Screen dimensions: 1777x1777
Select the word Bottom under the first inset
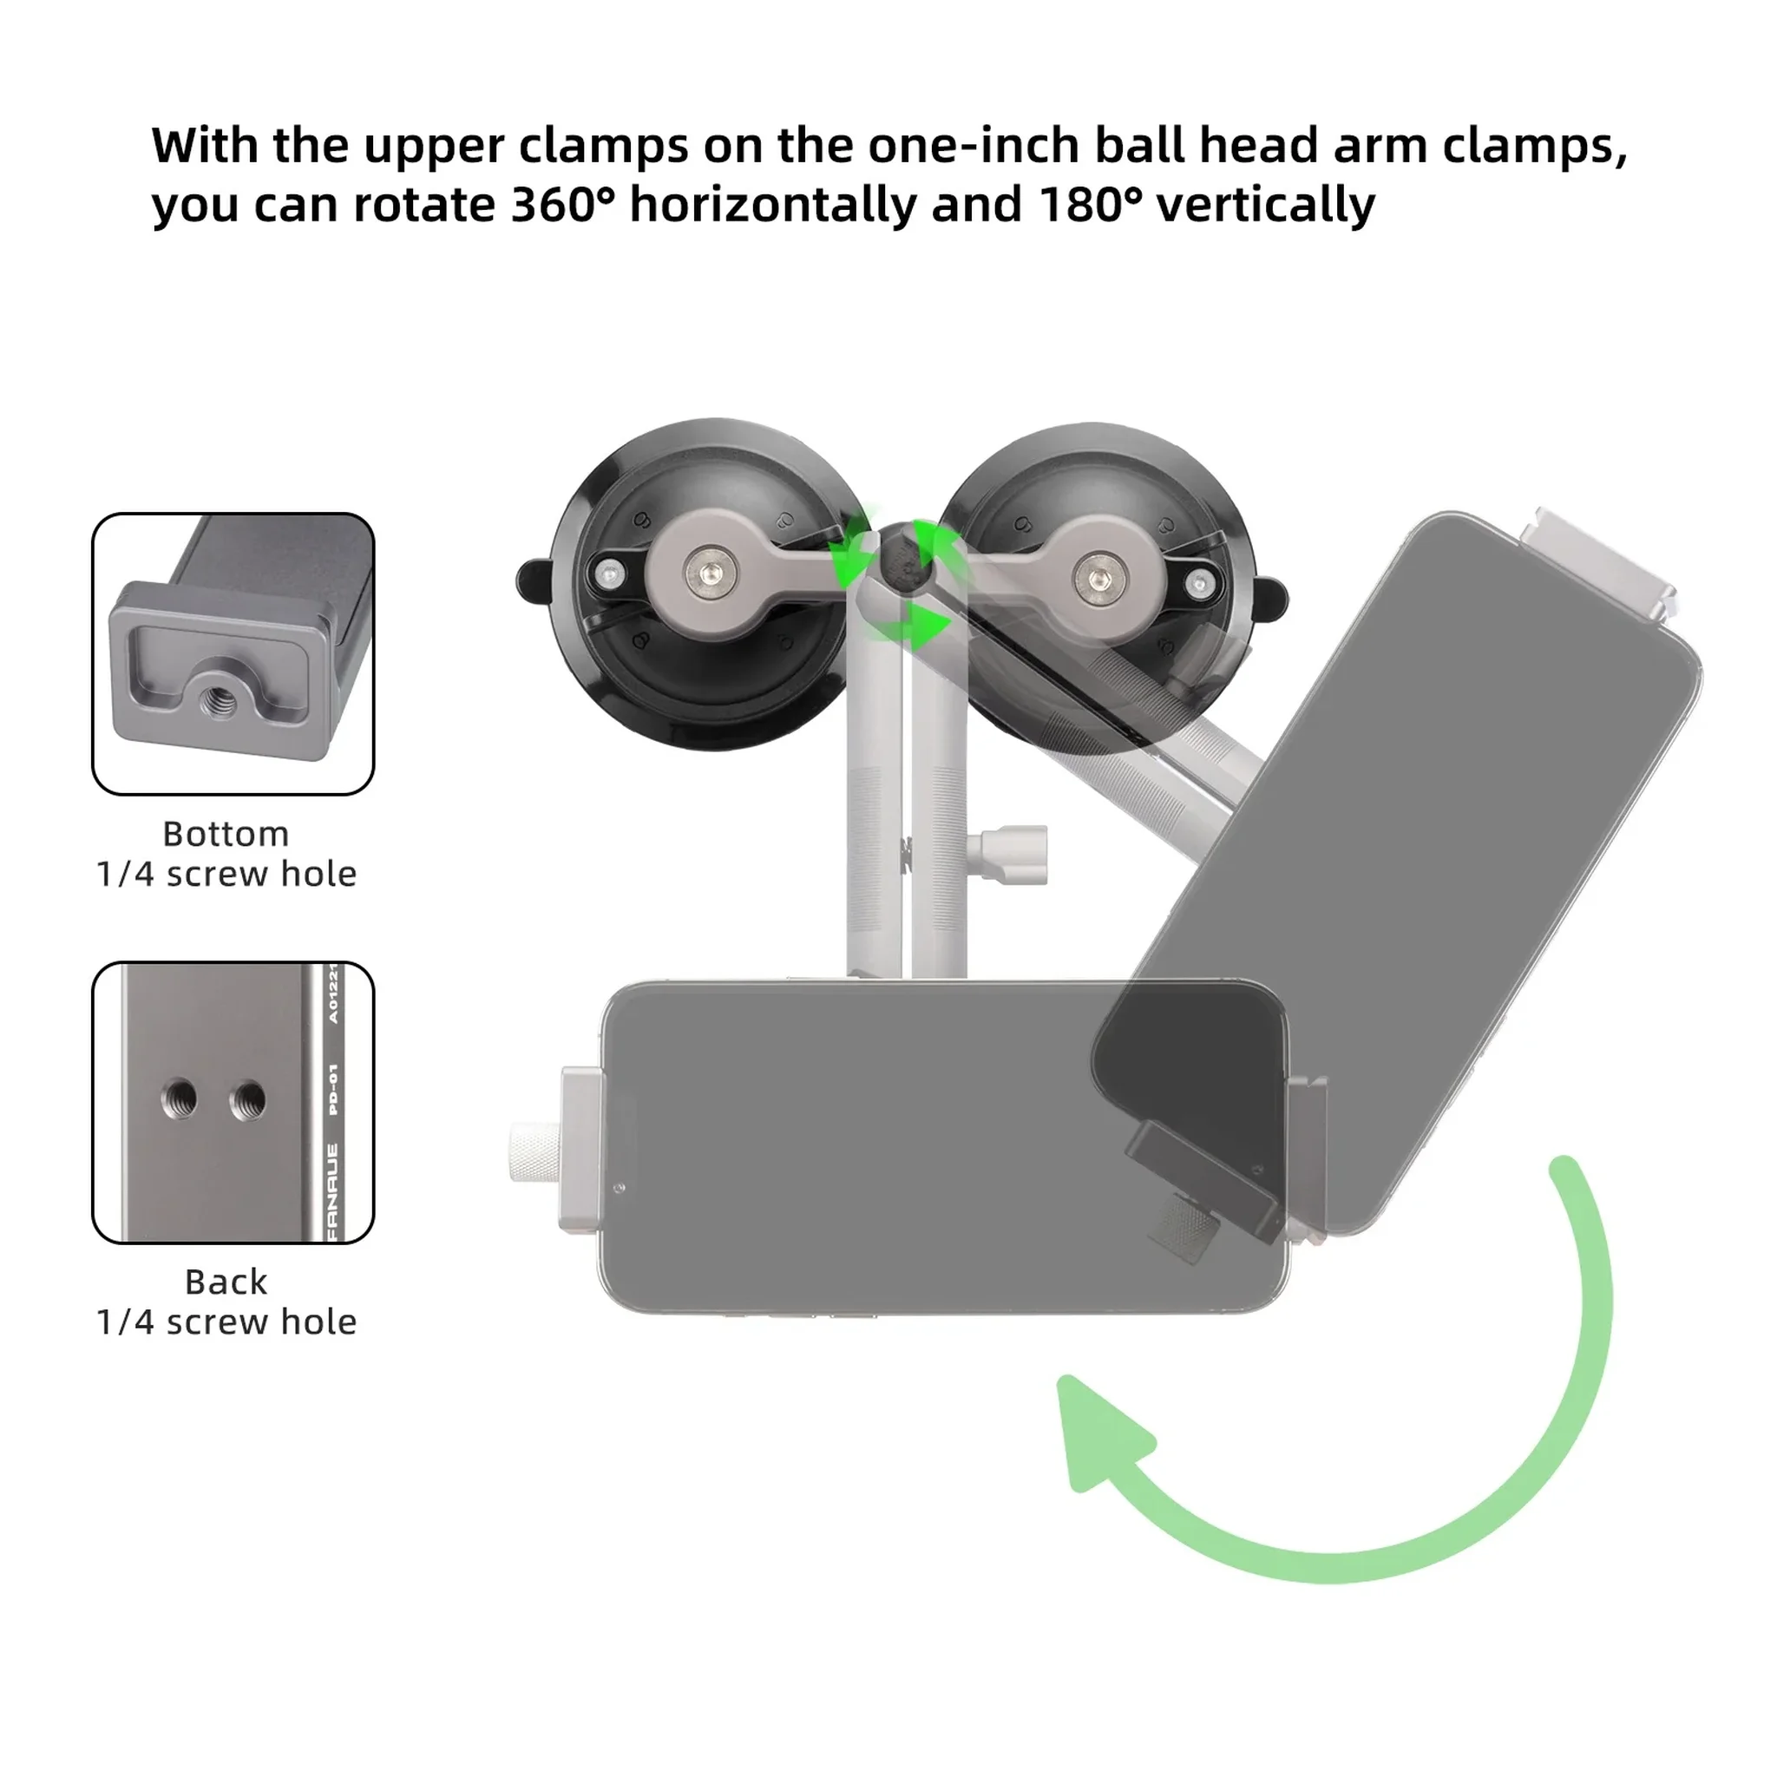point(226,833)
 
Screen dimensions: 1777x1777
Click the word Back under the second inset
point(226,1282)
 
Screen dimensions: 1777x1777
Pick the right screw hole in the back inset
point(247,1098)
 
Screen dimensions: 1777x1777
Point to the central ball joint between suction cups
point(902,561)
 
